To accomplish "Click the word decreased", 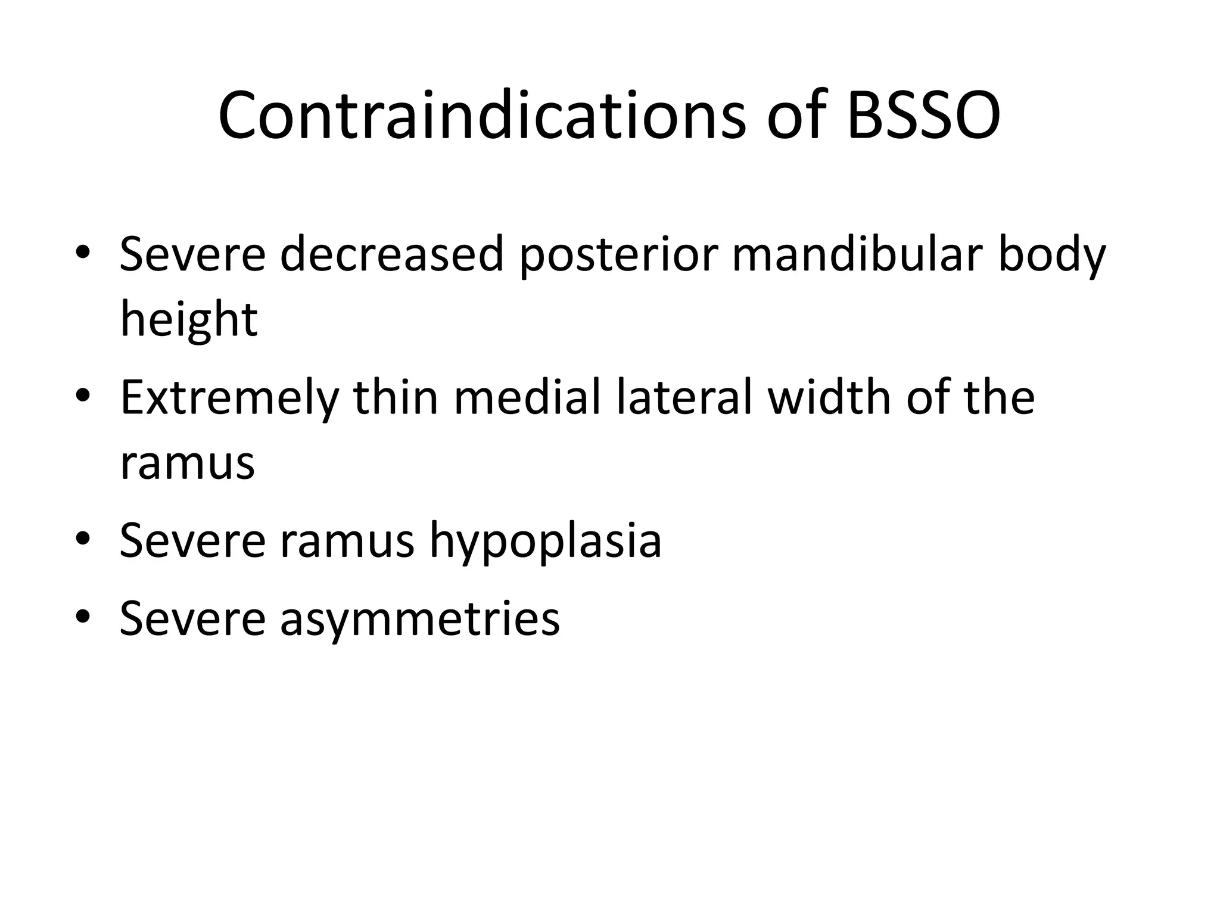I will pos(391,254).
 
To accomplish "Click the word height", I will pos(189,319).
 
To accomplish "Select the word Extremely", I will pos(229,399).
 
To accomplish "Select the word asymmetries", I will pos(420,620).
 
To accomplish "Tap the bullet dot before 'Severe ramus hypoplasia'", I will pos(83,537).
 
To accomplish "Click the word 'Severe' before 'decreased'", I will pos(192,254).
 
